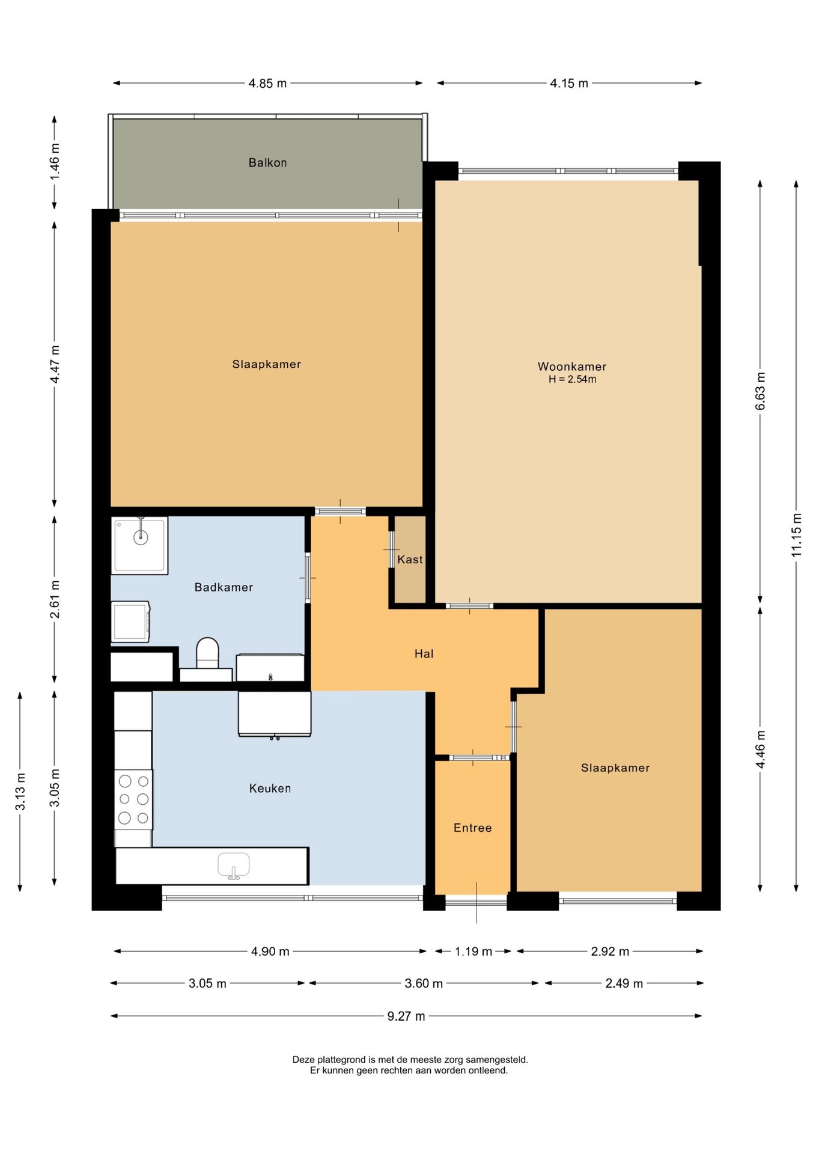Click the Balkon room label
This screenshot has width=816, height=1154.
[x=267, y=162]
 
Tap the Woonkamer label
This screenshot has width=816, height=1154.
[x=571, y=366]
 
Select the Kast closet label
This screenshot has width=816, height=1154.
[x=410, y=559]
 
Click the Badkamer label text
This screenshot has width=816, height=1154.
[x=224, y=587]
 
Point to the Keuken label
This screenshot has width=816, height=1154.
[x=270, y=788]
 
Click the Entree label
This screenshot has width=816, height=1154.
[x=472, y=828]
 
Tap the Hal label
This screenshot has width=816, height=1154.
[x=424, y=653]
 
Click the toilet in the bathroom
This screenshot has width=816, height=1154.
[x=207, y=653]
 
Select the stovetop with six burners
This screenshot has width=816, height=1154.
[x=133, y=799]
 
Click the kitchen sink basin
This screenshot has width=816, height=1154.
[x=233, y=865]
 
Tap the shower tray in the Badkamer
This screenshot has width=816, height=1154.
[x=139, y=546]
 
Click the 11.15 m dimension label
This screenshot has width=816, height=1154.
[x=796, y=534]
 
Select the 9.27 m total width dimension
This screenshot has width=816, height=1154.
[x=406, y=1016]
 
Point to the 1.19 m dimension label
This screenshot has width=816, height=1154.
[x=473, y=951]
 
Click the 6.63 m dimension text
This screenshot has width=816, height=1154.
[x=760, y=391]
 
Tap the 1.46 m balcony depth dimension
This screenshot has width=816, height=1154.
[x=55, y=162]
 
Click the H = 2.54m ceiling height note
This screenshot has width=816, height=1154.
[x=572, y=379]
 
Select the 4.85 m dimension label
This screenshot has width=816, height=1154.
[x=267, y=83]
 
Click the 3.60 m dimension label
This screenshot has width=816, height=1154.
[x=424, y=983]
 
